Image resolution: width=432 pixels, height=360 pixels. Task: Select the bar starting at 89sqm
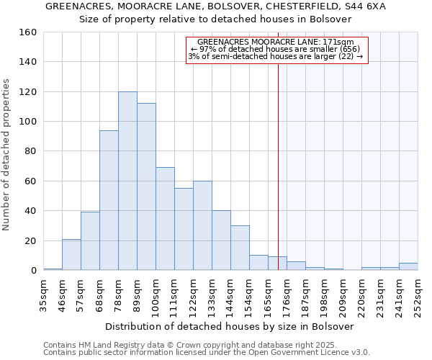click(x=146, y=187)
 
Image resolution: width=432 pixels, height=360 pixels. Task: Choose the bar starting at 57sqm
click(x=90, y=241)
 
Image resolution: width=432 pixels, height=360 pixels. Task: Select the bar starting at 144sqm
click(x=240, y=248)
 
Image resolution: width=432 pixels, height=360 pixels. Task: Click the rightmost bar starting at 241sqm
click(x=408, y=266)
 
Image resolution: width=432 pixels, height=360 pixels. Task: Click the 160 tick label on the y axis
click(x=27, y=32)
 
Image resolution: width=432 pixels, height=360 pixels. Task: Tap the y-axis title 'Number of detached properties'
click(x=7, y=151)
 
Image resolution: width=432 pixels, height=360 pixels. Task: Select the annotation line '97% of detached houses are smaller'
click(x=277, y=49)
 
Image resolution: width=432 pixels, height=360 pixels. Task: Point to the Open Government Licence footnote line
click(x=207, y=352)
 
